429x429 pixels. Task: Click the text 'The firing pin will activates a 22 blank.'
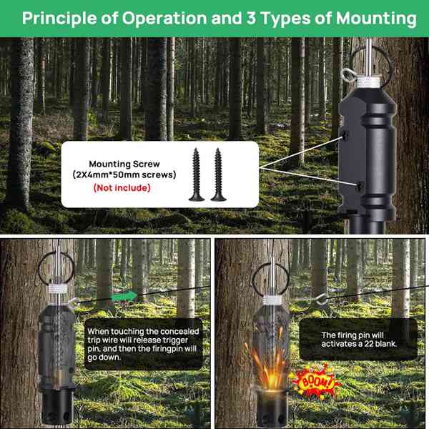coord(357,339)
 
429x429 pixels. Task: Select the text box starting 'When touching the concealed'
coord(143,345)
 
